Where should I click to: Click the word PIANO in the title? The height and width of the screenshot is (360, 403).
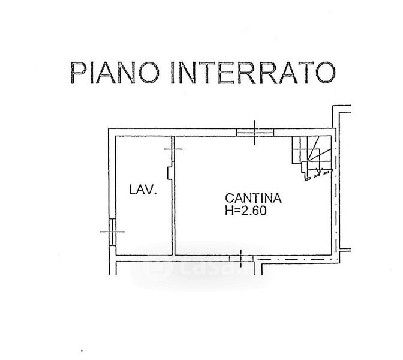click(115, 72)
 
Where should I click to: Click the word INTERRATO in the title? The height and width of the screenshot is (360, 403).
click(254, 73)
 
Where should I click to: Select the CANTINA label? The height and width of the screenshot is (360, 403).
click(254, 198)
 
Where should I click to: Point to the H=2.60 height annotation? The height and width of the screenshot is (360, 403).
click(246, 211)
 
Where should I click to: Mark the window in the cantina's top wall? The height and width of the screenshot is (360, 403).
click(255, 132)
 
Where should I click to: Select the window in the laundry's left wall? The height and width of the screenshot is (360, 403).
click(112, 232)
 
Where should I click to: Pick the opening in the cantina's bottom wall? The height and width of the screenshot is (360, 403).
click(241, 259)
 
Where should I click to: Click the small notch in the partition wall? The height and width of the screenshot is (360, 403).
click(170, 173)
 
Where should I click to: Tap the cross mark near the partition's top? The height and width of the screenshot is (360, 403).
click(173, 149)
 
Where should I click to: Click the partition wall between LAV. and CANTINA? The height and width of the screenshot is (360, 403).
click(173, 196)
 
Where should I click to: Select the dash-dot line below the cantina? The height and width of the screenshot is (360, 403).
click(296, 259)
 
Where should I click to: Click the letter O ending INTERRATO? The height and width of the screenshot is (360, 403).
click(326, 73)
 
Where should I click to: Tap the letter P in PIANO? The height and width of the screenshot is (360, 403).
click(78, 73)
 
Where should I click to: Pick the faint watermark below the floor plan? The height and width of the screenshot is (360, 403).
click(200, 268)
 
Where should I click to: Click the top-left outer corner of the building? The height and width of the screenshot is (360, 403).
click(109, 128)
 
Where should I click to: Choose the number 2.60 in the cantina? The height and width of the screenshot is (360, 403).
click(253, 211)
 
